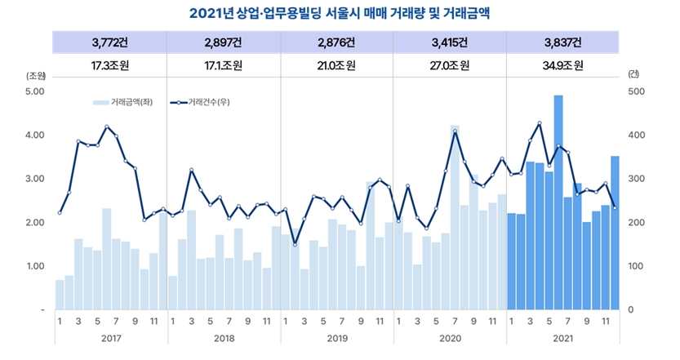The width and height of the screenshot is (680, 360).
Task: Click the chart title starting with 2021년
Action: tap(339, 13)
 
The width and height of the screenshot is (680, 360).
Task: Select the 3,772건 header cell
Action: tap(109, 42)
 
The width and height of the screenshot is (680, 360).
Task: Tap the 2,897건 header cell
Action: tap(223, 42)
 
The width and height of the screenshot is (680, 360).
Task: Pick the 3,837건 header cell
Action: tap(562, 42)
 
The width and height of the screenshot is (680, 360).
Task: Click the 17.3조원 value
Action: tap(109, 66)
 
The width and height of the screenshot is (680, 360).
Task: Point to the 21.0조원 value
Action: tap(336, 66)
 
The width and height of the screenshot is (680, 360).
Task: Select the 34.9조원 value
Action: tap(562, 66)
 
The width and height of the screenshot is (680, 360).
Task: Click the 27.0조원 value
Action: tap(450, 66)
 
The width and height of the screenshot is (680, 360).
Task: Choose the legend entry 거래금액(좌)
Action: tap(122, 102)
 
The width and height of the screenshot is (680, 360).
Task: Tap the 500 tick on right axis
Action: tap(636, 91)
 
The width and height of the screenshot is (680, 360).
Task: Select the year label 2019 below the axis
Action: tap(336, 336)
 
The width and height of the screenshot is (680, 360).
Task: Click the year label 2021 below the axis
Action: tap(562, 336)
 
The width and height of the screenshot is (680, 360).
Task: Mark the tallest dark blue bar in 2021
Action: tap(558, 204)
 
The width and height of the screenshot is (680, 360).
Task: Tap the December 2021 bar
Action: tap(615, 237)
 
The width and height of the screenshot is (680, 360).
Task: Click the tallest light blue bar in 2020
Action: tap(455, 220)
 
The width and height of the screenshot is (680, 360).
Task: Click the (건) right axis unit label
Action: tap(633, 74)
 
